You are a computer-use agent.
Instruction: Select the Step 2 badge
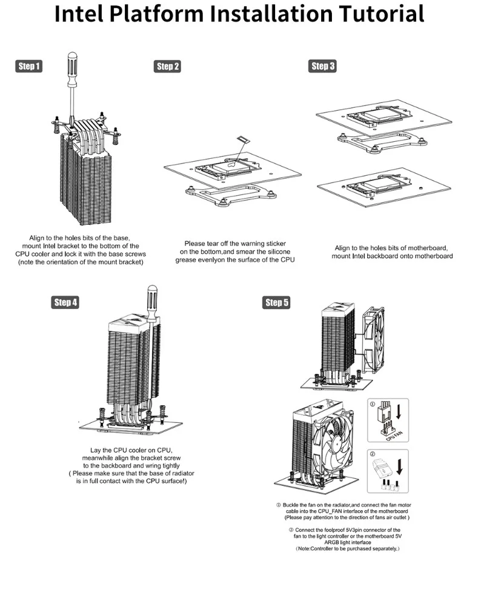click(x=167, y=67)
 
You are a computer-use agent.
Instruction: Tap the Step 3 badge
click(x=323, y=66)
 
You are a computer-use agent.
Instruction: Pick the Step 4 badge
click(x=65, y=302)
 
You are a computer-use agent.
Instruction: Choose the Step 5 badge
click(x=277, y=302)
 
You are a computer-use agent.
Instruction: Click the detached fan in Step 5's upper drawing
click(x=377, y=343)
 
